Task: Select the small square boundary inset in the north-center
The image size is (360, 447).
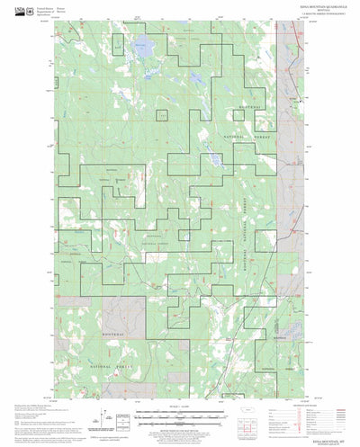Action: pyautogui.click(x=163, y=115)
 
